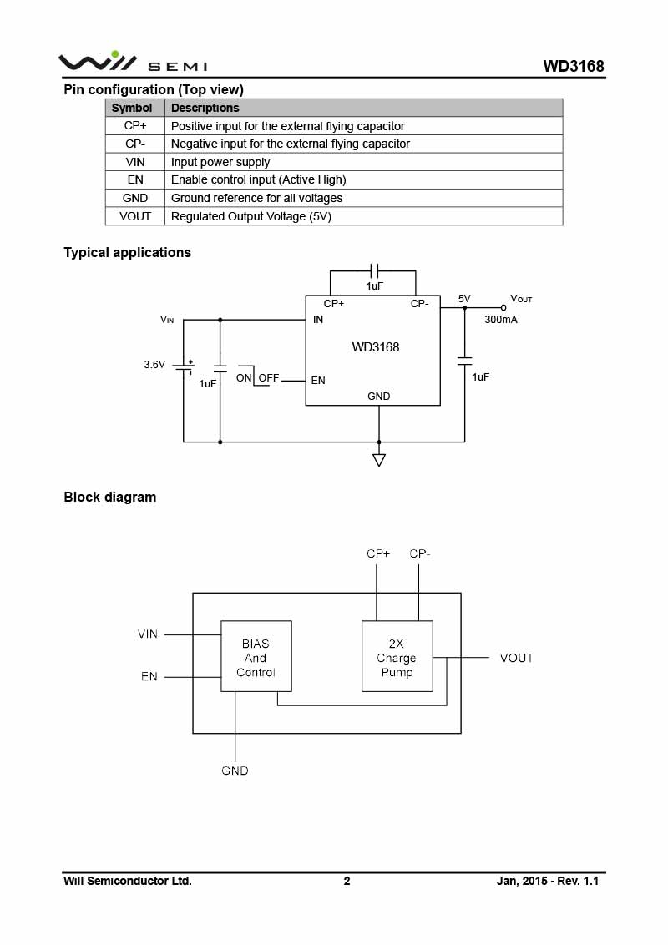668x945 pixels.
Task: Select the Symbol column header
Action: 132,108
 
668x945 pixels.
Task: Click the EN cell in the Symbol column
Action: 135,179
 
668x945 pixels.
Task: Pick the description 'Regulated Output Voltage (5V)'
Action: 251,216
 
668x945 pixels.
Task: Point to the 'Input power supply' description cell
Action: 220,162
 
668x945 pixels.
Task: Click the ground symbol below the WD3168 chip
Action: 379,459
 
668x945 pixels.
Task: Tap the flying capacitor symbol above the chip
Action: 374,270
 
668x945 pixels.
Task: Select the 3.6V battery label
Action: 154,365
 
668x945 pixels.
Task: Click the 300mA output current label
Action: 501,320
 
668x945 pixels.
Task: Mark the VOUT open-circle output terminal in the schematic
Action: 504,307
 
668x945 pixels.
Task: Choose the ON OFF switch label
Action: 257,378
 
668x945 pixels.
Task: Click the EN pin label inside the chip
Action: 318,381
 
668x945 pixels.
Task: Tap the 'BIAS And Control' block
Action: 256,657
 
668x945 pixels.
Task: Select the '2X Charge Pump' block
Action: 397,657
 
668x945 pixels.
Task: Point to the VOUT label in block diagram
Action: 516,658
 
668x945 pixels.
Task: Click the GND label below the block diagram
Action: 235,771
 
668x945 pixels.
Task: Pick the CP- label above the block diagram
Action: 419,554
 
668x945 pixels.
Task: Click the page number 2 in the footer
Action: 347,881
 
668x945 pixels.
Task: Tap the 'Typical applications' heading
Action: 127,252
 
